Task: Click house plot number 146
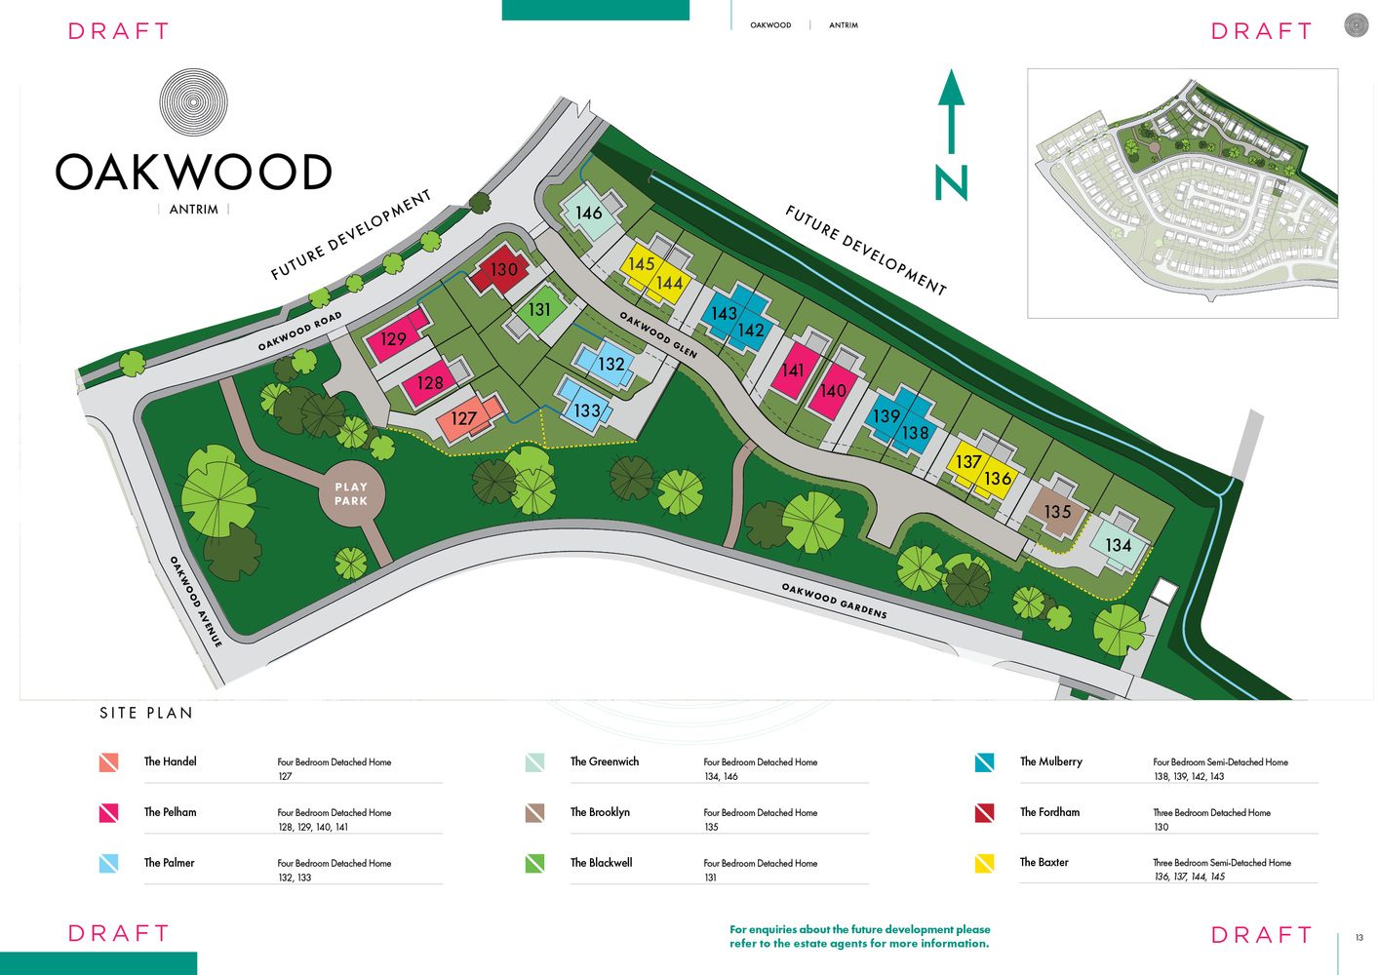[x=588, y=213]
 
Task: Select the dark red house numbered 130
[x=503, y=270]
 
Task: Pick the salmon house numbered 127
[x=469, y=418]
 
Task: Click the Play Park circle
[x=351, y=493]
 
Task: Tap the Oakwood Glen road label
[x=658, y=334]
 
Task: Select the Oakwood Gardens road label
[x=834, y=601]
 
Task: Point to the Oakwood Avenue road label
[x=195, y=602]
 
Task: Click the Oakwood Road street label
[x=299, y=331]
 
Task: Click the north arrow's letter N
[x=951, y=183]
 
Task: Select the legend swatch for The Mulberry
[x=984, y=762]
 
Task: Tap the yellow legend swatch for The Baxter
[x=984, y=863]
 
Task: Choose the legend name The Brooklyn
[x=600, y=812]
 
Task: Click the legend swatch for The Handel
[x=108, y=762]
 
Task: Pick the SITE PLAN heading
[x=146, y=713]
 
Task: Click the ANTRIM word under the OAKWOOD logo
[x=193, y=210]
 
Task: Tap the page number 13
[x=1359, y=937]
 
